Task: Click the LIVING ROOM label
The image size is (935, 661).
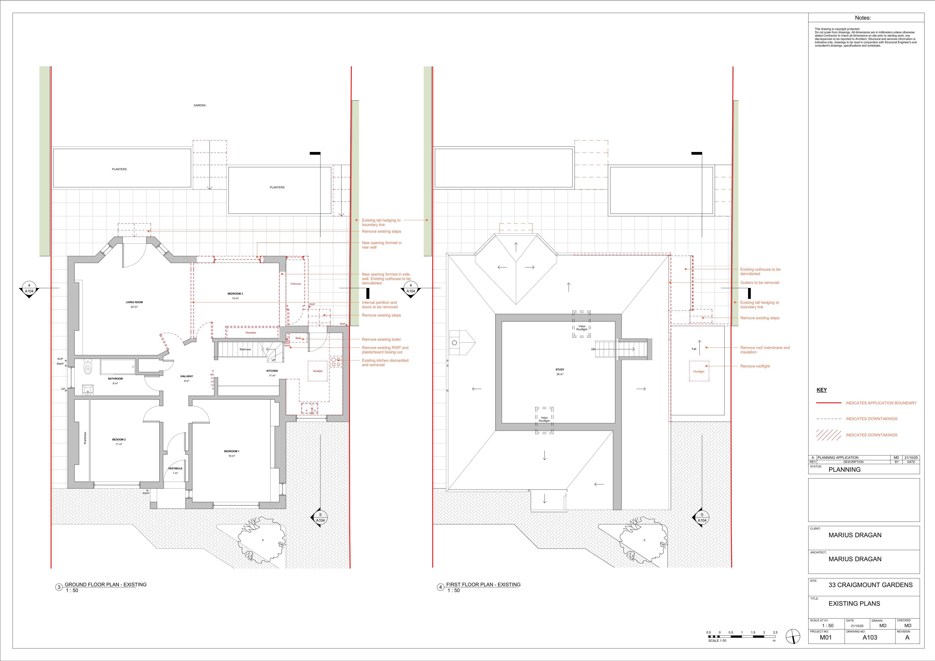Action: [134, 302]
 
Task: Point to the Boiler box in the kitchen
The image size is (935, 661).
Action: [299, 338]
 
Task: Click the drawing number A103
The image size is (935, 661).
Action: [870, 637]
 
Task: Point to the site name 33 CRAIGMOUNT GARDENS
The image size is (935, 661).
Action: [871, 585]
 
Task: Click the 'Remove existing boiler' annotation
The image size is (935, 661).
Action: [382, 340]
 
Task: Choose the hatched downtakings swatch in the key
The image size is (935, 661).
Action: [829, 435]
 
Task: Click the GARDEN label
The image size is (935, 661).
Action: [200, 105]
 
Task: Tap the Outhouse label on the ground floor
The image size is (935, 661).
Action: [296, 284]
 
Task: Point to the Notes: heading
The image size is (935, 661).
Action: [863, 18]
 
